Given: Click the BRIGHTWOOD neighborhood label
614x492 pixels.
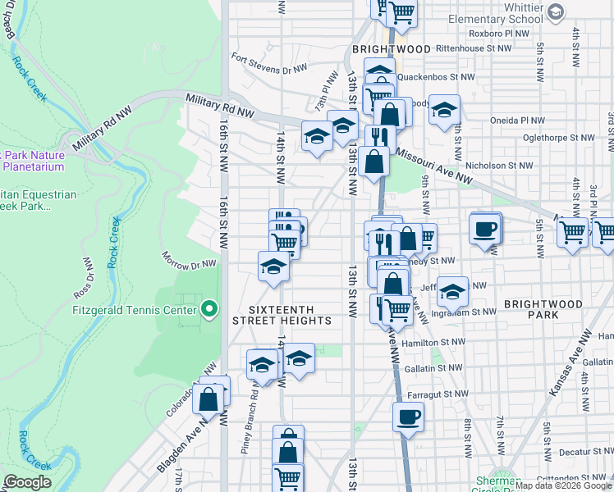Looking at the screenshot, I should pos(392,49).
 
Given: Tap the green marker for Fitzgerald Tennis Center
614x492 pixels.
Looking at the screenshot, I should pos(209,309).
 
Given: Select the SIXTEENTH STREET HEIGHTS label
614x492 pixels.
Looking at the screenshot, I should pos(291,314).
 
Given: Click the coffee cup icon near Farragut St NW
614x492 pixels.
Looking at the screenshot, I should pos(408,417).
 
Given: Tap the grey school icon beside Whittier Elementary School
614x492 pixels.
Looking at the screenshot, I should pos(556,11).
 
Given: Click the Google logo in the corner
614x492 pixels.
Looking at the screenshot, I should pos(27,482).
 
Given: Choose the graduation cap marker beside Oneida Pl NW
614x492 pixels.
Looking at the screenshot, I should pos(444,110).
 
